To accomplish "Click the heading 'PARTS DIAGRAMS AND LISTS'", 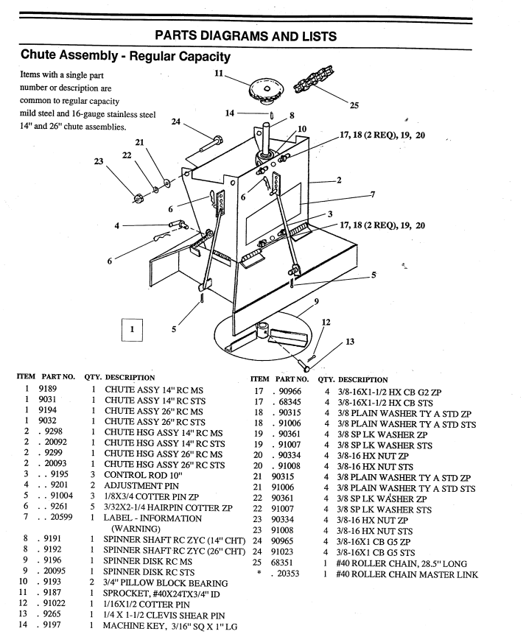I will pos(263,35).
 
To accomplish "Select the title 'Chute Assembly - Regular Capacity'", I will pos(125,56).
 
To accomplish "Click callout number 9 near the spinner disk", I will pos(316,301).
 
